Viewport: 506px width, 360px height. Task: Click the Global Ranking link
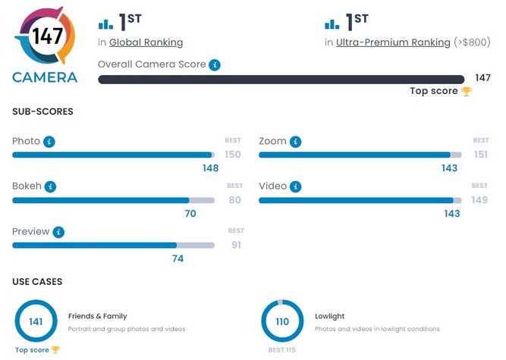tap(146, 42)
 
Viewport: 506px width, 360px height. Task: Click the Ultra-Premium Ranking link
tap(393, 42)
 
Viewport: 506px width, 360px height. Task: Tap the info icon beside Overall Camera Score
tap(215, 64)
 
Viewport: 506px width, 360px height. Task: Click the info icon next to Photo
tap(49, 142)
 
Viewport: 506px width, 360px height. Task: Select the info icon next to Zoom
tap(295, 142)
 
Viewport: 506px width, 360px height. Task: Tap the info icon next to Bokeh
tap(51, 186)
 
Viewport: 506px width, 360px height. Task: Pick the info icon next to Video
tap(295, 186)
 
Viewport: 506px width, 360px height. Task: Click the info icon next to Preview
tap(58, 232)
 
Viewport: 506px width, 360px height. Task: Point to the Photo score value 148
tap(210, 168)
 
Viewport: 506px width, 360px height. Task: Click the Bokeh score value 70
tap(190, 214)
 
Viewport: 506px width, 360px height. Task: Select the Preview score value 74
tap(178, 258)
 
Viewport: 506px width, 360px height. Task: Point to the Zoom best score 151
tap(480, 155)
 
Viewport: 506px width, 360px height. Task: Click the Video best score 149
tap(480, 200)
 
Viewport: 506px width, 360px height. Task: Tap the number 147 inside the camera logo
tap(47, 37)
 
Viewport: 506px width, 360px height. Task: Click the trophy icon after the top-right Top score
tap(466, 91)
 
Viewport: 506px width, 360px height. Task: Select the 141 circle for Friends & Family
tap(36, 321)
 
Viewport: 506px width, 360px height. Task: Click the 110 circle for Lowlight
tap(282, 321)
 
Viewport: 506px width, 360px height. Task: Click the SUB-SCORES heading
tap(42, 111)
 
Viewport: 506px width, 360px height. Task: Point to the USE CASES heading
tap(37, 282)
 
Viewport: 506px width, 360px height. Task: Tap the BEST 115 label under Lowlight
tap(282, 350)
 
